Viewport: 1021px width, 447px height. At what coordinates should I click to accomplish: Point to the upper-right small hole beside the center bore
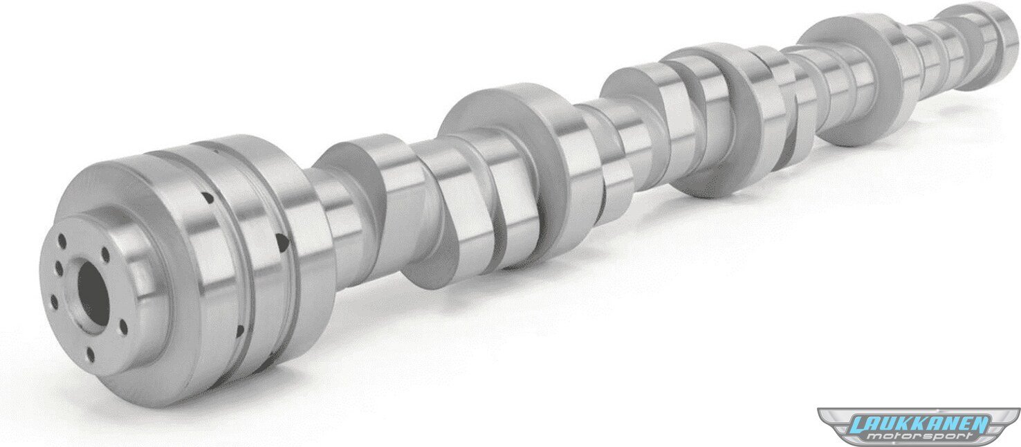coord(105,255)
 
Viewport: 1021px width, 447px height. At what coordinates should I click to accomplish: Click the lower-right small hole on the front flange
coord(123,327)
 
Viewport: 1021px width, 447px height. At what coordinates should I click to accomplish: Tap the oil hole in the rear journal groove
coord(283,242)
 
